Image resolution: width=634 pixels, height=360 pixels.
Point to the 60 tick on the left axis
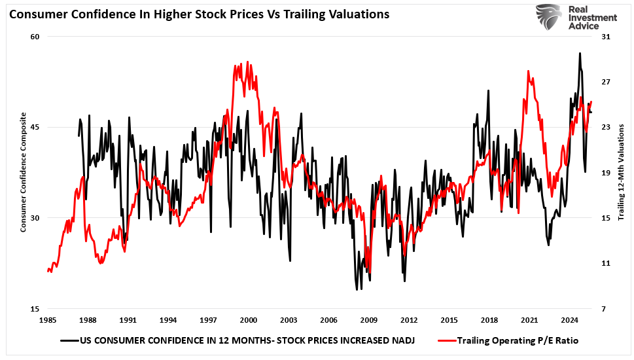pyautogui.click(x=35, y=37)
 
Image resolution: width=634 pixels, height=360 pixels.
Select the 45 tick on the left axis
pyautogui.click(x=35, y=127)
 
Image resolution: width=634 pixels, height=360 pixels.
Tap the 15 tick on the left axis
pyautogui.click(x=35, y=309)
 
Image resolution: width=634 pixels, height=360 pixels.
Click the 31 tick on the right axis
pyautogui.click(x=606, y=37)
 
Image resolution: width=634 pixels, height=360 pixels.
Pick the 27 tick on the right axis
pyautogui.click(x=606, y=82)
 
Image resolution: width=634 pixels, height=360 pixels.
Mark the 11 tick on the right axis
pyautogui.click(x=606, y=263)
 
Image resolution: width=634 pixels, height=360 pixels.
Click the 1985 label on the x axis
pyautogui.click(x=48, y=321)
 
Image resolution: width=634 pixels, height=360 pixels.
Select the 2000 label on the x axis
pyautogui.click(x=248, y=321)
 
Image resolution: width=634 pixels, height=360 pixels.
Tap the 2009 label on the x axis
pyautogui.click(x=368, y=321)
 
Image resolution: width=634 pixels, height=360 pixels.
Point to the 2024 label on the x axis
pyautogui.click(x=569, y=321)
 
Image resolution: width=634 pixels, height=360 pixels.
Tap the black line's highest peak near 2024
pyautogui.click(x=579, y=53)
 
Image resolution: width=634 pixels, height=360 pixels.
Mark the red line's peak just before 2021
pyautogui.click(x=528, y=71)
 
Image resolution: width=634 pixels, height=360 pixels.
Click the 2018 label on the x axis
pyautogui.click(x=489, y=321)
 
